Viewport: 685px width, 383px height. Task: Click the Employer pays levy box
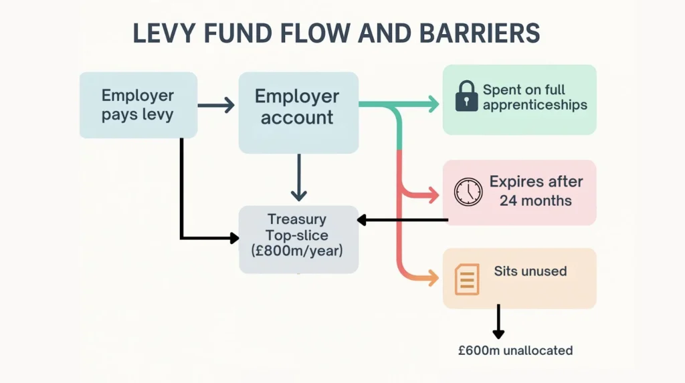pyautogui.click(x=138, y=105)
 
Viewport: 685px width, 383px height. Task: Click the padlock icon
pyautogui.click(x=466, y=97)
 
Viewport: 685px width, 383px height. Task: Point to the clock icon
pyautogui.click(x=468, y=192)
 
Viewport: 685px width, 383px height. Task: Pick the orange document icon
pyautogui.click(x=467, y=279)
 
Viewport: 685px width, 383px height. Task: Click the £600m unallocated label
pyautogui.click(x=515, y=350)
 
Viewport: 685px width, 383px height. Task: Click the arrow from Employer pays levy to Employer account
pyautogui.click(x=217, y=105)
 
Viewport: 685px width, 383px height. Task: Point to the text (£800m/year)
pyautogui.click(x=297, y=251)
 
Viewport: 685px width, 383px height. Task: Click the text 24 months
pyautogui.click(x=535, y=200)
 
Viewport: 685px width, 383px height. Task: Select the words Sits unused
pyautogui.click(x=530, y=271)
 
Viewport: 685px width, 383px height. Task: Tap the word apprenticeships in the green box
pyautogui.click(x=534, y=105)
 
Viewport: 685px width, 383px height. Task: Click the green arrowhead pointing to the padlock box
pyautogui.click(x=433, y=104)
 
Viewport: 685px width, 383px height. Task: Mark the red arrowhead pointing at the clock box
pyautogui.click(x=433, y=195)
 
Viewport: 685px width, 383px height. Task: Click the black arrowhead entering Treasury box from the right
pyautogui.click(x=362, y=219)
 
